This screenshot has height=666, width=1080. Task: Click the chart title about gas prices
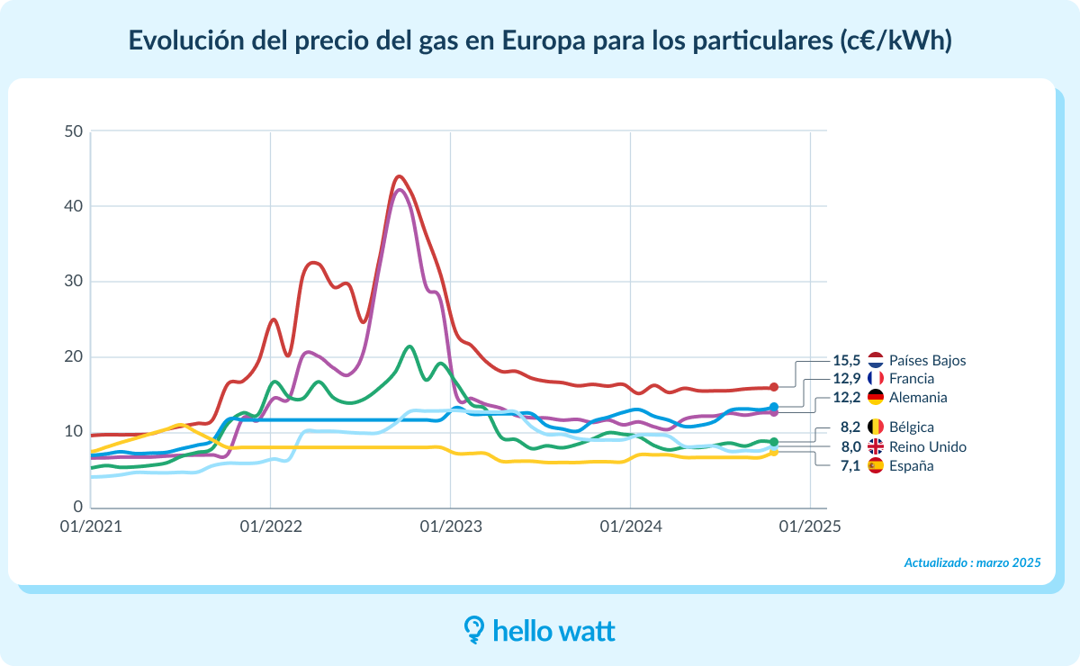tap(540, 40)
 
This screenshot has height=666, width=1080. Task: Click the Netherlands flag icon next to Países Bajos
tap(876, 360)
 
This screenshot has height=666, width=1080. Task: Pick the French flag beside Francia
tap(876, 379)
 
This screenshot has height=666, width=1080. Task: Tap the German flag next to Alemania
tap(876, 398)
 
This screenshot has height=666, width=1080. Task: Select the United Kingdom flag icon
tap(876, 446)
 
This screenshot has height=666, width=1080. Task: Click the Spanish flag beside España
tap(876, 466)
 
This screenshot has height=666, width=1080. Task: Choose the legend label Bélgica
tap(911, 427)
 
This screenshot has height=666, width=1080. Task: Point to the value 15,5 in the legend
tap(848, 360)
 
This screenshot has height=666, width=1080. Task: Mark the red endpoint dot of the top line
tap(774, 387)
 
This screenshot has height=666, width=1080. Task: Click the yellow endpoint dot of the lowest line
tap(774, 452)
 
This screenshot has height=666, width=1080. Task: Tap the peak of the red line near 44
tap(400, 176)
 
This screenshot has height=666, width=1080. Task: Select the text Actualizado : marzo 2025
tap(972, 562)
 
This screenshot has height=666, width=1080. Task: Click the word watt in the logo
tap(585, 631)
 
